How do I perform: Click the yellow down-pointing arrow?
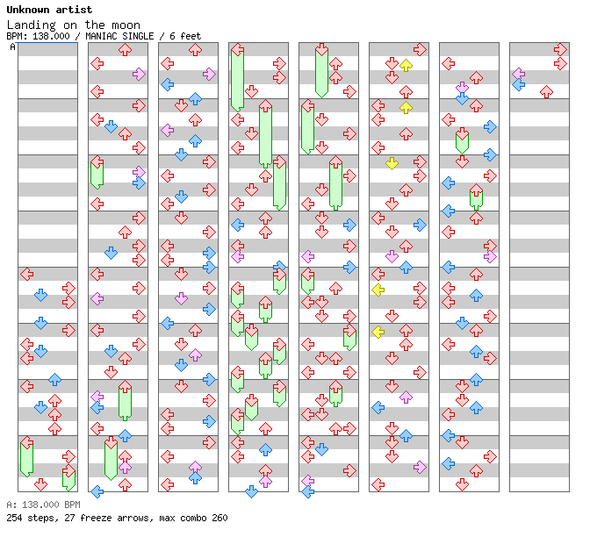click(392, 163)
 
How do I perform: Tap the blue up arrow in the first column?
click(54, 379)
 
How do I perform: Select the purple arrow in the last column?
click(518, 74)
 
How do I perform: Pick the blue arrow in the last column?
click(518, 85)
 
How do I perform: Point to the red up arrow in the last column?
click(546, 91)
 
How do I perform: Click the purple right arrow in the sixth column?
click(420, 467)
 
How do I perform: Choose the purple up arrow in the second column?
click(125, 456)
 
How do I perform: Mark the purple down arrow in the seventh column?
click(462, 88)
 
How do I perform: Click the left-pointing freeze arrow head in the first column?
click(26, 444)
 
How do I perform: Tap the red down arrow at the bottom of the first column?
click(40, 484)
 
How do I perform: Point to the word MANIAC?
click(104, 36)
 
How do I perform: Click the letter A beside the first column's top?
click(12, 47)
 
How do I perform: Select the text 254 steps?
click(27, 518)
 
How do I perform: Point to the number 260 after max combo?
click(219, 518)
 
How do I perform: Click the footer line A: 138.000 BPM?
click(43, 505)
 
